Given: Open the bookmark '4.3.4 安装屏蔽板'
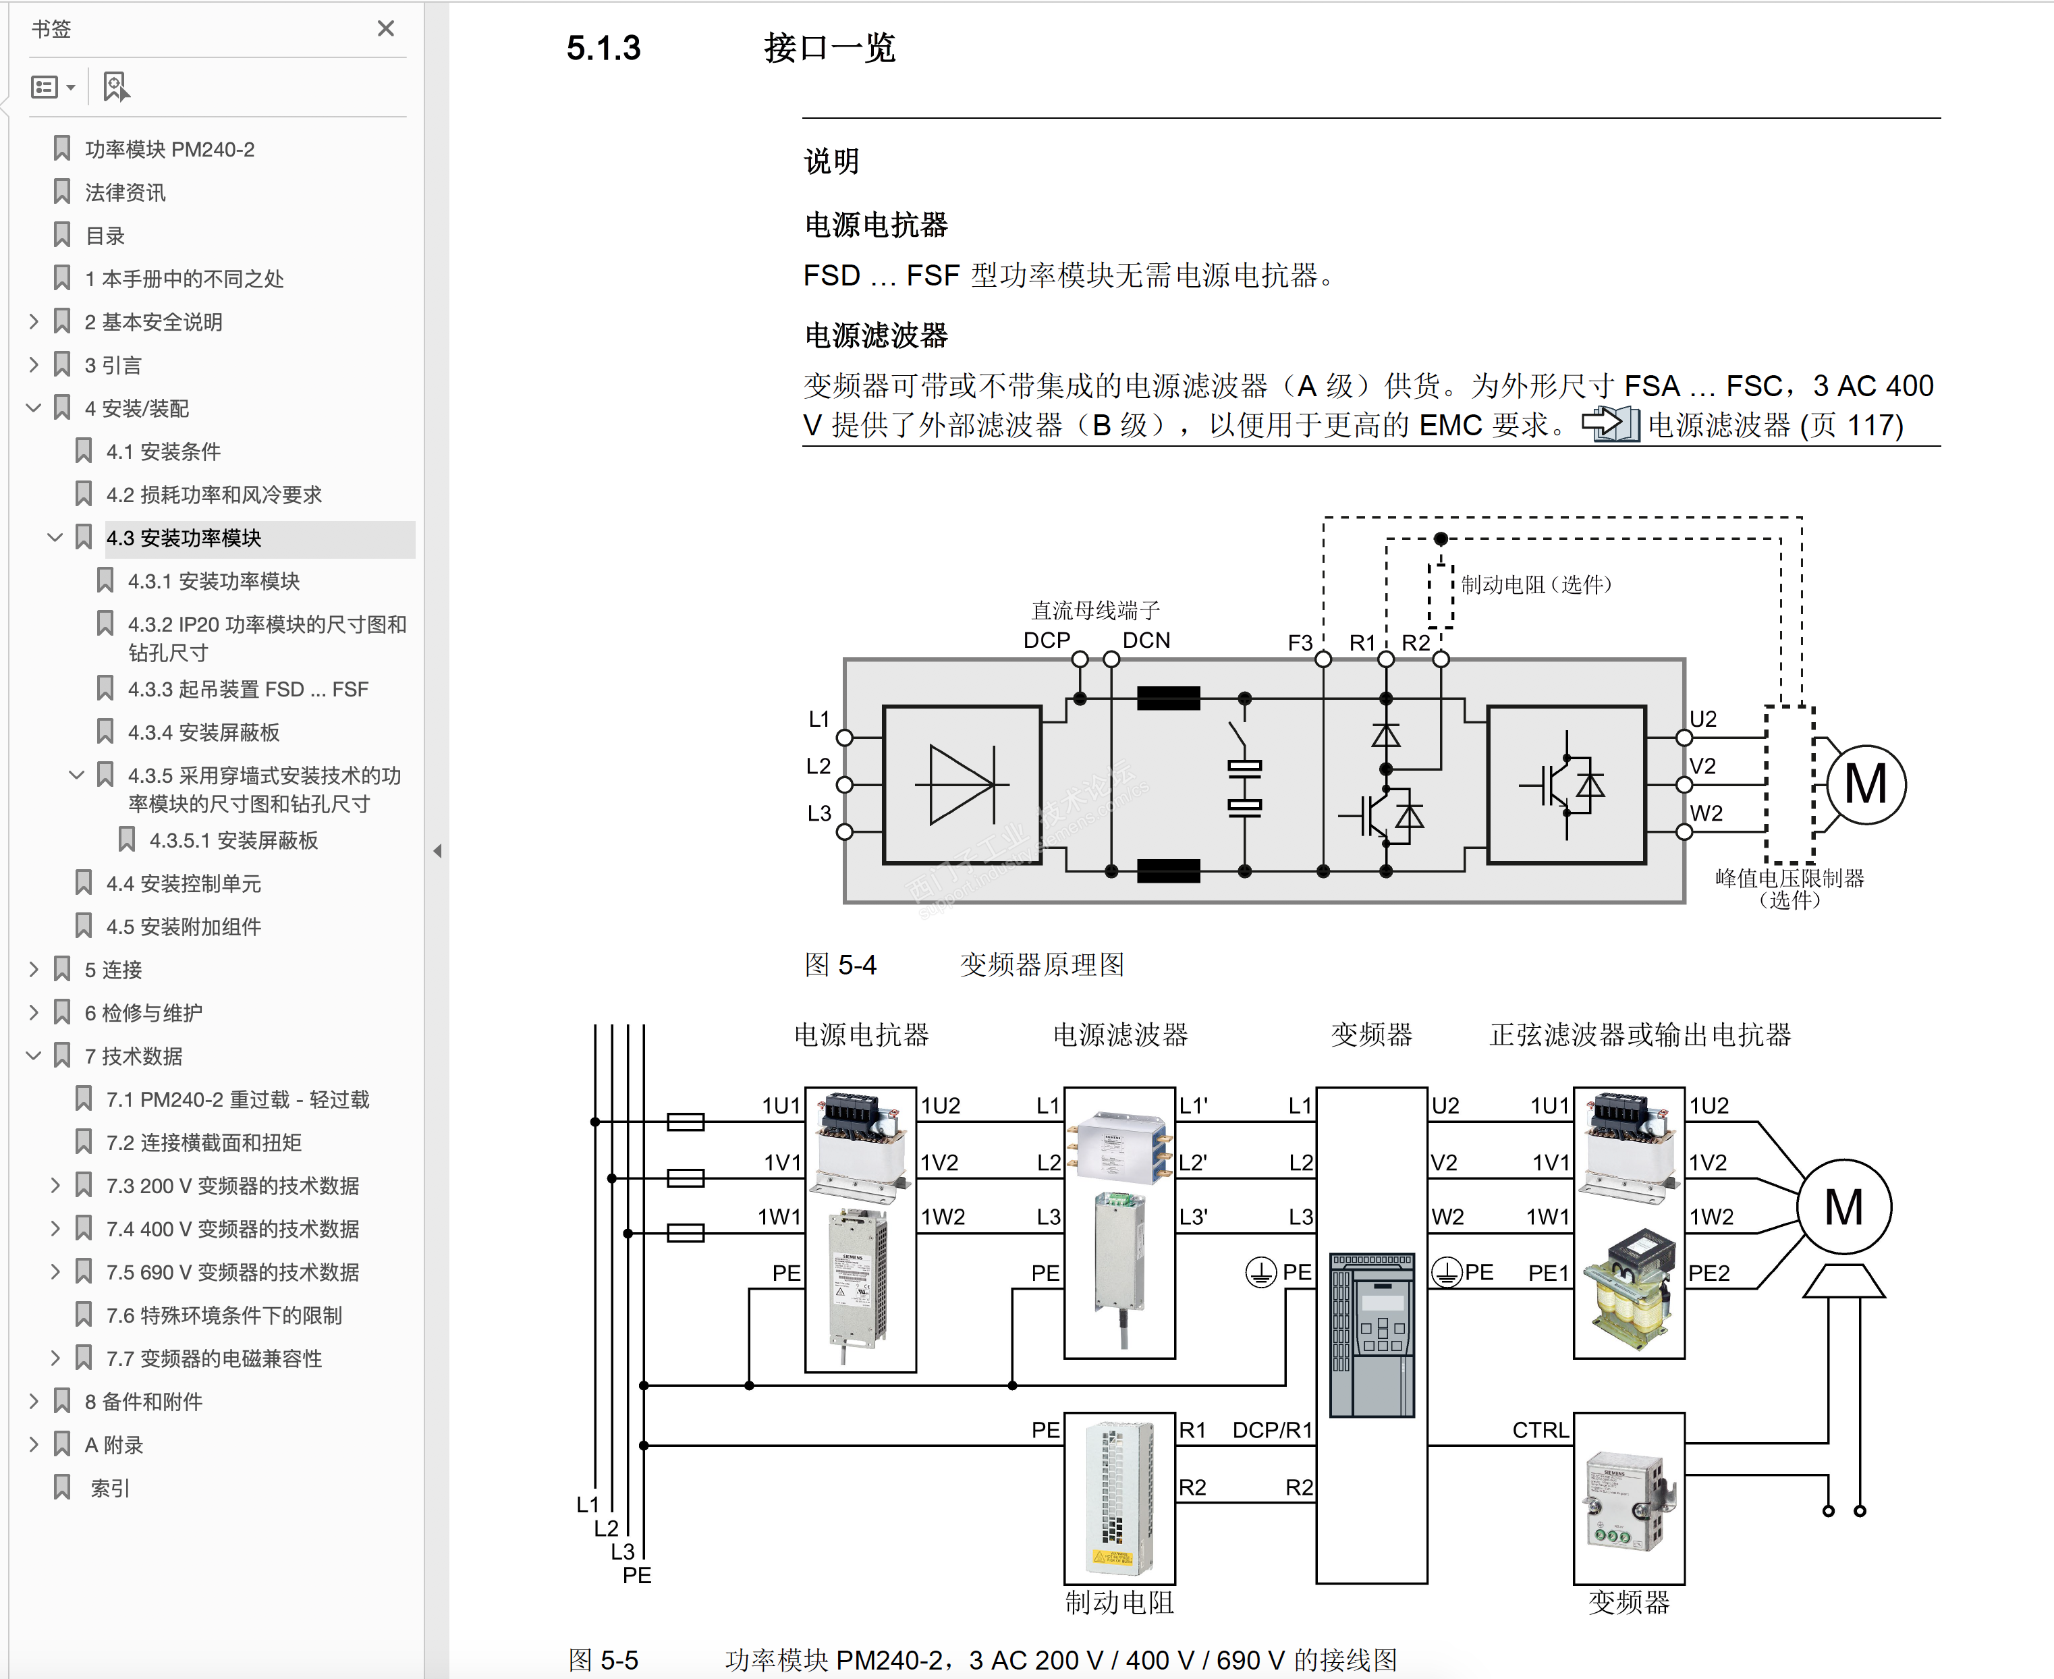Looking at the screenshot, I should tap(203, 732).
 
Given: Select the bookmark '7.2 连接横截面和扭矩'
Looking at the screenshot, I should tap(203, 1143).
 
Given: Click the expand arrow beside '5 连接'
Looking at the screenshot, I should tap(34, 969).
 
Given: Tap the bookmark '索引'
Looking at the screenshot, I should tap(109, 1487).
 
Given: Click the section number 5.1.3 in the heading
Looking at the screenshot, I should tap(603, 49).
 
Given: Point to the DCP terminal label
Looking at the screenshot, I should tap(1047, 640).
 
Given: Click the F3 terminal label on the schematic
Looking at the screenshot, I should tap(1300, 642).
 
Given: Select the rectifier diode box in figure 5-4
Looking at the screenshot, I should tap(962, 784).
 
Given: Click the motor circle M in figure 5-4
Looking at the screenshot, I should tap(1866, 784).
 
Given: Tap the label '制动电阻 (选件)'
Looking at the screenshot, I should tap(1536, 584).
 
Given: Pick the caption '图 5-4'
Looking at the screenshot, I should tap(839, 964).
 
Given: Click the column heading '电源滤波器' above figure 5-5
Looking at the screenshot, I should tap(1120, 1035).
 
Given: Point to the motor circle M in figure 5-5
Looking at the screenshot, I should tap(1843, 1207).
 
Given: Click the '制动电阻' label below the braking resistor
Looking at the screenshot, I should tap(1119, 1603).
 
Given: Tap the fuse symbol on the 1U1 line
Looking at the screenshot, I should tap(686, 1122).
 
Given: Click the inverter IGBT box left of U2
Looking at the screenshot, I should tap(1565, 784).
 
